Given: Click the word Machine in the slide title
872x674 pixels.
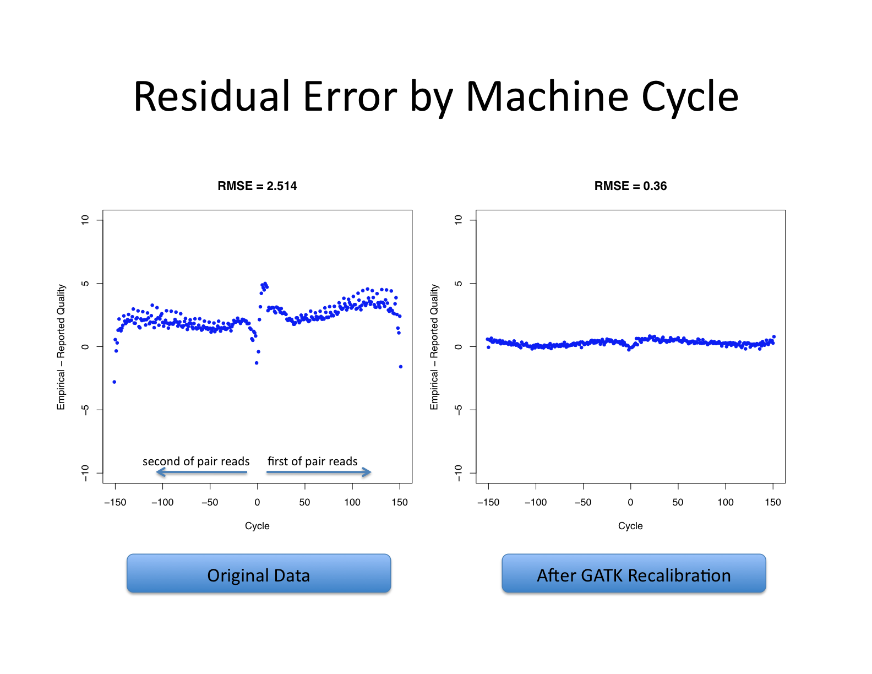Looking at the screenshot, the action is pyautogui.click(x=547, y=96).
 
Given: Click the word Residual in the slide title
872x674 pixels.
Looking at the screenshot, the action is pyautogui.click(x=211, y=96).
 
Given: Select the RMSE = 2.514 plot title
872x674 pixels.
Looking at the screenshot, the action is pyautogui.click(x=257, y=186).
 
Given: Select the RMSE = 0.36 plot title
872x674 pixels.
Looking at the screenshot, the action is pyautogui.click(x=630, y=186).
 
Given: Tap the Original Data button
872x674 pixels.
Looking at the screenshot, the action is pyautogui.click(x=259, y=573).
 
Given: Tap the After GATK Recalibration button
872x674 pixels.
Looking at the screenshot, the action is pyautogui.click(x=634, y=573).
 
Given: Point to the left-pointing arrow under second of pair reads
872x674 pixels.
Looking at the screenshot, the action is pyautogui.click(x=201, y=472).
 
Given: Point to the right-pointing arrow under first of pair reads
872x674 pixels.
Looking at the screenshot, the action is pyautogui.click(x=319, y=472).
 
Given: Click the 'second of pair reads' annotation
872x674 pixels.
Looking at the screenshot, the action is pyautogui.click(x=196, y=461).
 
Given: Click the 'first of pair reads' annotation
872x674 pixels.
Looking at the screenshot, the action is pyautogui.click(x=313, y=461).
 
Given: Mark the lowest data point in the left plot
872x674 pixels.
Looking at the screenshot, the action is pyautogui.click(x=115, y=382).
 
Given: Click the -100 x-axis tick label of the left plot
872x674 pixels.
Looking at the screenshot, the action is pyautogui.click(x=162, y=502).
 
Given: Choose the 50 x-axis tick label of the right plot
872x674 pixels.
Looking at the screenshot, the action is pyautogui.click(x=678, y=502).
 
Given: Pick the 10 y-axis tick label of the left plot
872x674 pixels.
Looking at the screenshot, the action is pyautogui.click(x=85, y=220).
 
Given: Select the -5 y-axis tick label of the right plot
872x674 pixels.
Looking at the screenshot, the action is pyautogui.click(x=458, y=410).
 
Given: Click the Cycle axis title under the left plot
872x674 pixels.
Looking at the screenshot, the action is pyautogui.click(x=257, y=526).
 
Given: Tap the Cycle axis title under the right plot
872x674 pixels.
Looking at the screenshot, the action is pyautogui.click(x=630, y=526).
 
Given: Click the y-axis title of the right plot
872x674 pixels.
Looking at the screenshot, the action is pyautogui.click(x=434, y=347).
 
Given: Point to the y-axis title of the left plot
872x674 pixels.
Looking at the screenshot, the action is pyautogui.click(x=61, y=347).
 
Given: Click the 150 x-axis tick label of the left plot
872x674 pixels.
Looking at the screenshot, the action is pyautogui.click(x=400, y=502).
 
